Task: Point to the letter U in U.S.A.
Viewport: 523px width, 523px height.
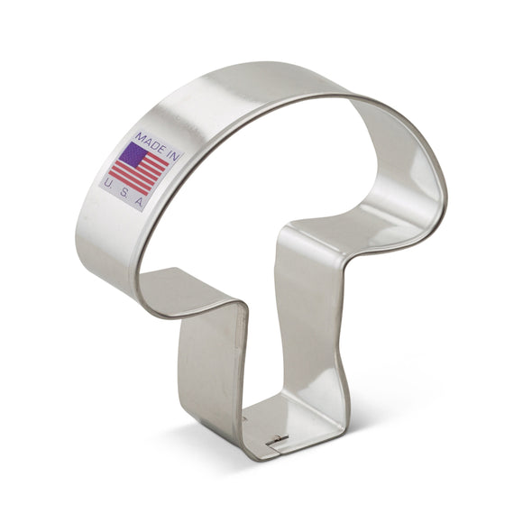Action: pyautogui.click(x=108, y=182)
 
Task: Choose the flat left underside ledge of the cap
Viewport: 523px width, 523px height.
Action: pyautogui.click(x=185, y=289)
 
